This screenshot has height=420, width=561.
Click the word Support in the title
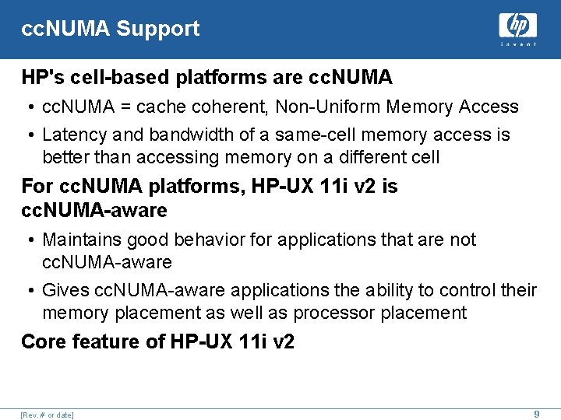coord(158,30)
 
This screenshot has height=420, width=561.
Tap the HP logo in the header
coord(517,27)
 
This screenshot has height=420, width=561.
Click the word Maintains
coord(81,240)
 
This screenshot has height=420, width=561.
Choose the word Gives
coord(65,290)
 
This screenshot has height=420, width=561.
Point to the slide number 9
coord(536,415)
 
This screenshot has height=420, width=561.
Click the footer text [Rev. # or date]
coord(48,415)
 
